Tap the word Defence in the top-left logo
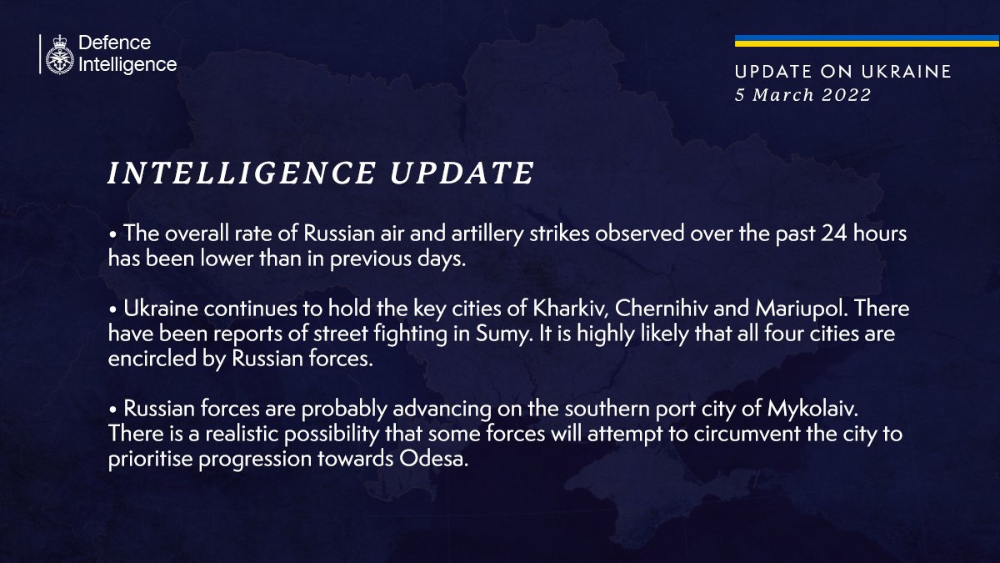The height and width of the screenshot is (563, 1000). coord(114,43)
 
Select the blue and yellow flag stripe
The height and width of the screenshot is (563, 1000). coord(867,41)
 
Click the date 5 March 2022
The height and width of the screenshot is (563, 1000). coord(802,95)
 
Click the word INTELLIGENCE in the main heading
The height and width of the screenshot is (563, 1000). coord(241,173)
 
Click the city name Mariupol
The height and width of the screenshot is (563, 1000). coord(791,309)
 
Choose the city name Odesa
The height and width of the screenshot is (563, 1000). coord(430,460)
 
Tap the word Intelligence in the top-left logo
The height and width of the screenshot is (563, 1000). coord(127,64)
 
